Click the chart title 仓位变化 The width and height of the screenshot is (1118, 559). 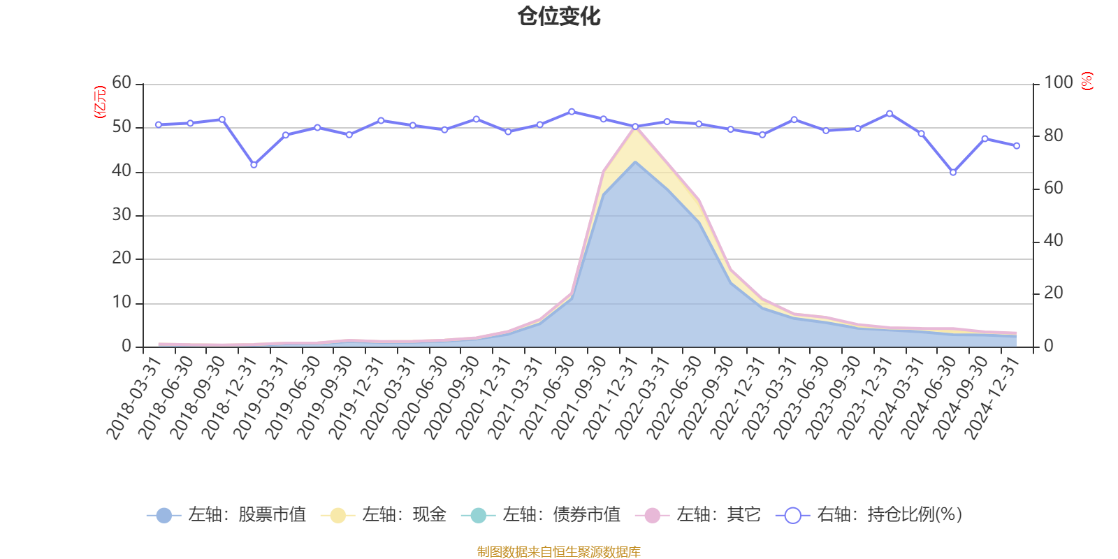pyautogui.click(x=558, y=17)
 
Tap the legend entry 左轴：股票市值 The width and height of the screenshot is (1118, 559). pyautogui.click(x=226, y=514)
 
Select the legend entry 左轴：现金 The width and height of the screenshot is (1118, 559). pyautogui.click(x=384, y=514)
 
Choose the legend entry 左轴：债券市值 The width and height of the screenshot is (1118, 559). pyautogui.click(x=541, y=514)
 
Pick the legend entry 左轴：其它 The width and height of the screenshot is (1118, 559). pyautogui.click(x=698, y=514)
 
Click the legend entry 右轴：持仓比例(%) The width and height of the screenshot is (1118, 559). pyautogui.click(x=869, y=514)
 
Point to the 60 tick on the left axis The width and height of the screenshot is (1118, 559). pyautogui.click(x=122, y=82)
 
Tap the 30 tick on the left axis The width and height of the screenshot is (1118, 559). pyautogui.click(x=122, y=215)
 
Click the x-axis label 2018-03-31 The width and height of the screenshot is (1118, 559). pyautogui.click(x=133, y=398)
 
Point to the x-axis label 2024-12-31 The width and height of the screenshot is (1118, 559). pyautogui.click(x=992, y=398)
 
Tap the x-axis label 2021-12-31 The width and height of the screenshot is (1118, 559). pyautogui.click(x=610, y=398)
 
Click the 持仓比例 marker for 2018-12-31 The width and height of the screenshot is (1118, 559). pyautogui.click(x=254, y=165)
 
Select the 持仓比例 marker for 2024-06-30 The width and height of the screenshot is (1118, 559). pyautogui.click(x=953, y=172)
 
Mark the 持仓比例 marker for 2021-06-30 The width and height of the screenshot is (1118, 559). pyautogui.click(x=572, y=112)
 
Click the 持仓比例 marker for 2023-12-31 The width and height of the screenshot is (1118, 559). pyautogui.click(x=890, y=114)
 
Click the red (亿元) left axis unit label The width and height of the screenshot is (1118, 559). pyautogui.click(x=100, y=102)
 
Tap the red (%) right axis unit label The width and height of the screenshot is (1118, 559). pyautogui.click(x=1087, y=81)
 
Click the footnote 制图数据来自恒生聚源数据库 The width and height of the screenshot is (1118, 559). pyautogui.click(x=558, y=551)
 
